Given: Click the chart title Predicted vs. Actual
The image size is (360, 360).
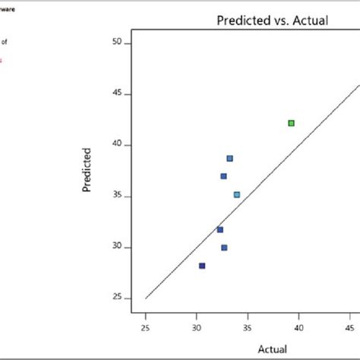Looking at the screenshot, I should point(272,21).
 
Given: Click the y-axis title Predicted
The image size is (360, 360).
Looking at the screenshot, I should point(87,169).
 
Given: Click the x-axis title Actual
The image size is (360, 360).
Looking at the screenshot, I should point(273,349).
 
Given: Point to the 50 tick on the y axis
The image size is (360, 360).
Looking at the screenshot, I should point(117,43).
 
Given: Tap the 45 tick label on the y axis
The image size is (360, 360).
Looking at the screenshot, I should point(117,94).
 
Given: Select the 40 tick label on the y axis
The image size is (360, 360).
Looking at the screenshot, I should point(117,145).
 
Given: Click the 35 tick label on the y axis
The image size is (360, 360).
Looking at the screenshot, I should point(117,196).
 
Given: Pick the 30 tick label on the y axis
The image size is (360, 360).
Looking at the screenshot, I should point(117,248).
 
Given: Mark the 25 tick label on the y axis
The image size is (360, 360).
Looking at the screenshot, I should point(117,298).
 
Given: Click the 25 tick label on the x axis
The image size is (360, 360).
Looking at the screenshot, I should point(145,327).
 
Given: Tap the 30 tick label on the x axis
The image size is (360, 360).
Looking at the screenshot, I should point(197,327).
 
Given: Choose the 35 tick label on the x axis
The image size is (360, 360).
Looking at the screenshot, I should point(248,327).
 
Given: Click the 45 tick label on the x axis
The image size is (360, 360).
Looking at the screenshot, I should point(349,327).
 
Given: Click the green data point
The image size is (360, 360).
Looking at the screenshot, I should point(291,123).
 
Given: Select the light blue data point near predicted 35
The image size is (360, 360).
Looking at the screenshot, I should point(237,195).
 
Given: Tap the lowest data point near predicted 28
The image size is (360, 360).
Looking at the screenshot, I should point(202,266).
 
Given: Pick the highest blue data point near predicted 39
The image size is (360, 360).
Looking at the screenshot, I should point(229,159).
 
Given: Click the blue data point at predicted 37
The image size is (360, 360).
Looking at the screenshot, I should point(223,176).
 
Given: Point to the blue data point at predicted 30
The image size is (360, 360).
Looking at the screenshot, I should point(224,248).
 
